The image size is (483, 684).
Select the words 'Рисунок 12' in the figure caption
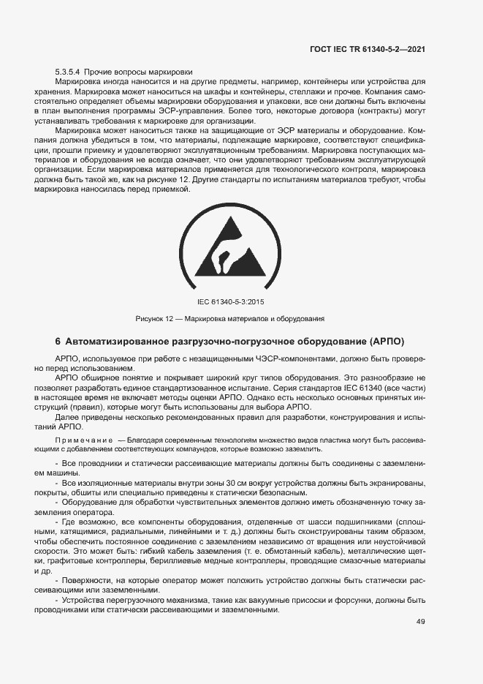pyautogui.click(x=154, y=318)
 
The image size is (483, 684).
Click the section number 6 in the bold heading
pyautogui.click(x=58, y=342)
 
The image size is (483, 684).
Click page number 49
pyautogui.click(x=420, y=622)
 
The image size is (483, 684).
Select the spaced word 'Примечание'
pyautogui.click(x=83, y=440)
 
